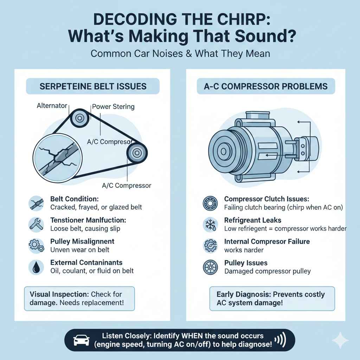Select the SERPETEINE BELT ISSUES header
pos(93,86)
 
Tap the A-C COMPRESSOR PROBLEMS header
pos(266,86)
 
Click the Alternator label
pos(52,105)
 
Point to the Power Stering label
pos(113,107)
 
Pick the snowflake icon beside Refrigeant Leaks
pos(210,224)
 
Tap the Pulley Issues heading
pos(246,263)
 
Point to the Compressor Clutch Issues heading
pos(267,199)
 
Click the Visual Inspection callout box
pos(79,298)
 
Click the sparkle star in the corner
pos(340,341)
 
